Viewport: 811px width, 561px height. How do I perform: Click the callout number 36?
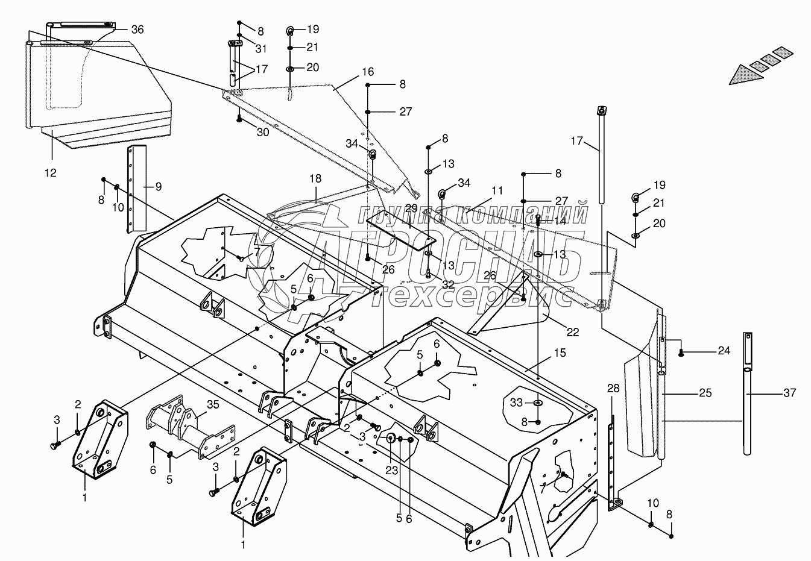point(137,30)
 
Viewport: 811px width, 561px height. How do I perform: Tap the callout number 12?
point(50,173)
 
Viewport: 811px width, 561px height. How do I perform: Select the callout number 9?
point(158,187)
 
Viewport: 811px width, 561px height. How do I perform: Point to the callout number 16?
point(368,72)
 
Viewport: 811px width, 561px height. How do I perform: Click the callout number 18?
point(315,179)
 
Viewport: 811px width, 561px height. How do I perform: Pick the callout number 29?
point(411,208)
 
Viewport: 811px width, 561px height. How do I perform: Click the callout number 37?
point(789,393)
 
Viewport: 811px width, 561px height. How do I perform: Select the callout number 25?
point(705,393)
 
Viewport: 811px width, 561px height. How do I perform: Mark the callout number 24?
point(724,349)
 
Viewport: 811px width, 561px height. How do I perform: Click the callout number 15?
point(560,353)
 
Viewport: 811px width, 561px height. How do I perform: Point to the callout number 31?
point(260,48)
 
